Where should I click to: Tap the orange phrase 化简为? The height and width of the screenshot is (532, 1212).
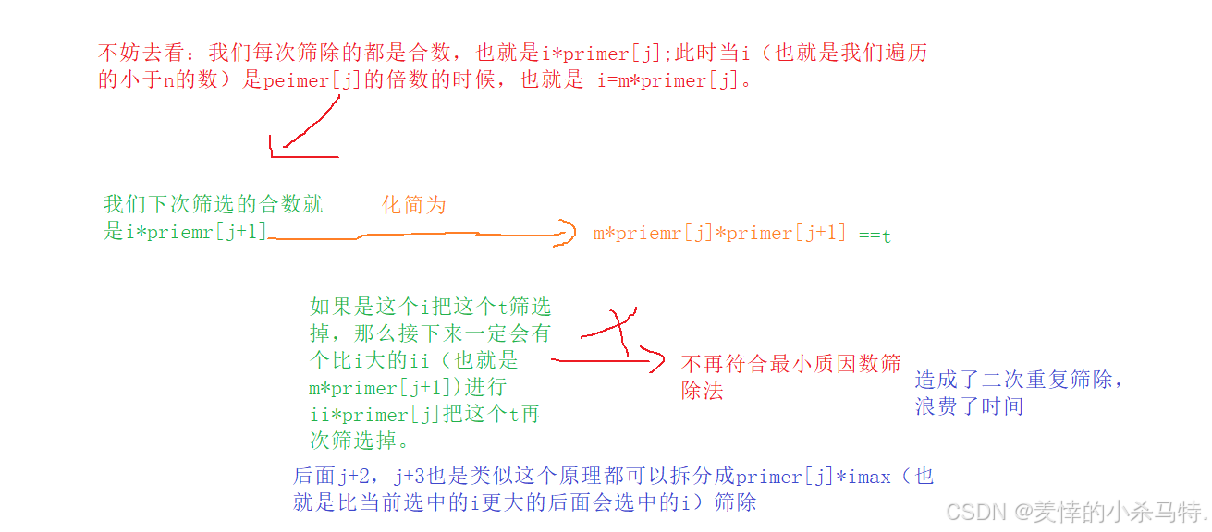pos(414,205)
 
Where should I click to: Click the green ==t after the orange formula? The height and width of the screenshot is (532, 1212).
pos(875,235)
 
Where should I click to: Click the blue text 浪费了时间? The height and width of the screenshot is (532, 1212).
pos(969,406)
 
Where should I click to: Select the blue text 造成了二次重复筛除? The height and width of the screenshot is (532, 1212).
pos(1019,380)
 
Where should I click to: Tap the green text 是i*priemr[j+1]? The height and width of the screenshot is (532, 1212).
pos(185,232)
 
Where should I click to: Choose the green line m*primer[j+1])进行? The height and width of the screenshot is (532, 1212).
pos(408,388)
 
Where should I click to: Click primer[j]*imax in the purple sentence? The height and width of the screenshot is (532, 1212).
pos(813,477)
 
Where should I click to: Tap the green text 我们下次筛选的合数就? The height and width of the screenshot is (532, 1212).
pos(214,204)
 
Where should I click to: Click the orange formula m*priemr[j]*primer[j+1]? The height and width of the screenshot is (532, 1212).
pos(719,233)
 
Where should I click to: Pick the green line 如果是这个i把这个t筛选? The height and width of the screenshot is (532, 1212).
pos(430,307)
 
